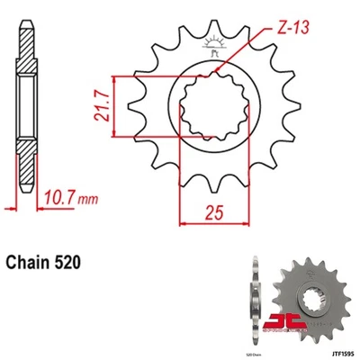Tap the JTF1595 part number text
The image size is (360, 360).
[335, 354]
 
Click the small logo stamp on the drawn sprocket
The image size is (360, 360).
[213, 44]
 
